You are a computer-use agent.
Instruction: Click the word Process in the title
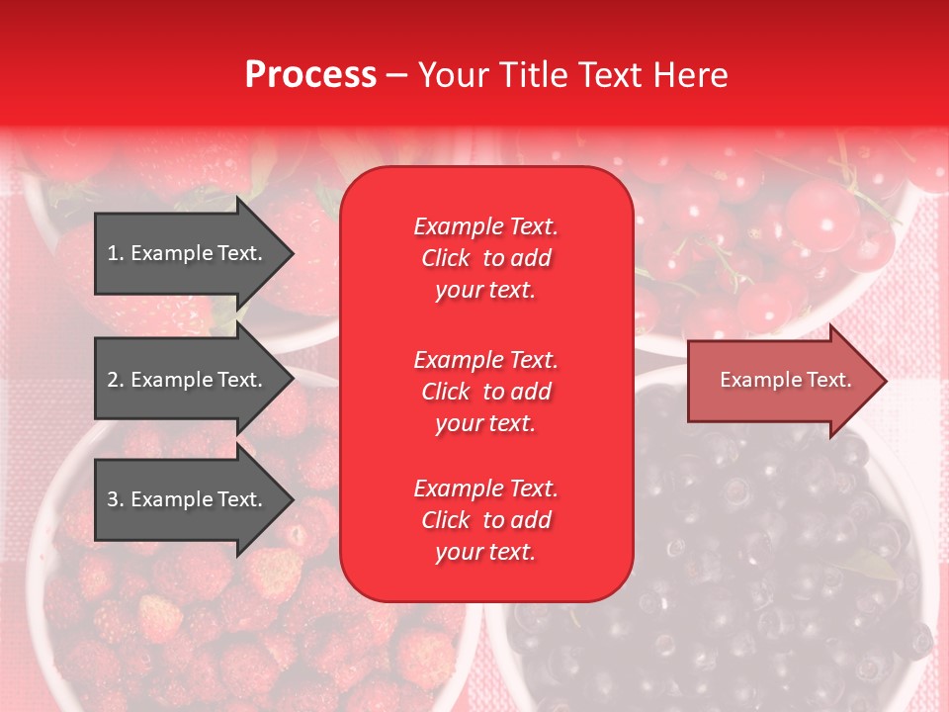coord(310,75)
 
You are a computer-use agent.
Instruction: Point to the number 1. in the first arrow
coord(115,253)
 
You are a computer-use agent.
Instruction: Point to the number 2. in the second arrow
coord(115,380)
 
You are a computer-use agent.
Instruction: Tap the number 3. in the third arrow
coord(115,499)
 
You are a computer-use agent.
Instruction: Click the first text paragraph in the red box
coord(485,258)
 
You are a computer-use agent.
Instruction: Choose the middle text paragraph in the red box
coord(485,392)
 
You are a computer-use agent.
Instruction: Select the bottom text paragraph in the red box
coord(485,520)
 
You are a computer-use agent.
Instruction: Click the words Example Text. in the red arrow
coord(785,380)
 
